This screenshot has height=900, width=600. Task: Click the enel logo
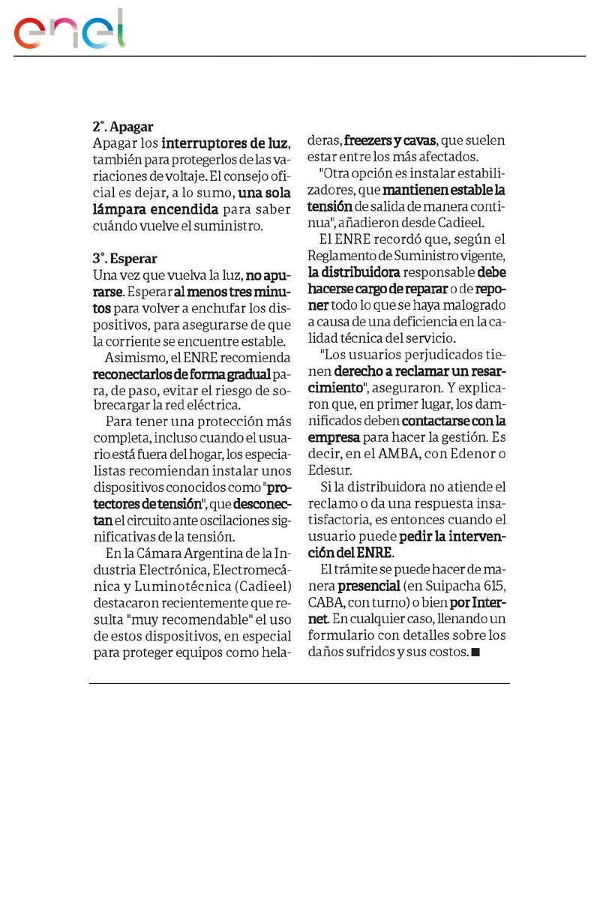click(x=70, y=31)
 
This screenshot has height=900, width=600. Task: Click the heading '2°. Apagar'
click(x=123, y=127)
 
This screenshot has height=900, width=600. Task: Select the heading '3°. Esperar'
click(x=124, y=259)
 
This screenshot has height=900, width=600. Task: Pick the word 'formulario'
click(x=342, y=635)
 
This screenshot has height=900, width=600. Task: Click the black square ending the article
click(x=475, y=652)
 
